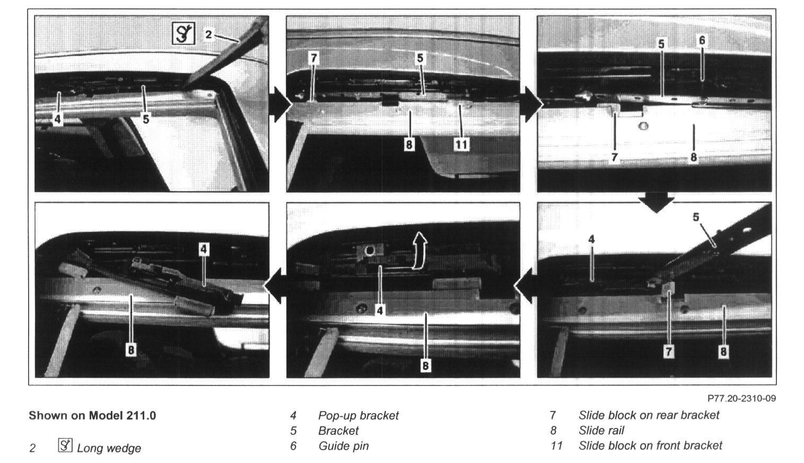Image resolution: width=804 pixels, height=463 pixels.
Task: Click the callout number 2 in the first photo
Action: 208,35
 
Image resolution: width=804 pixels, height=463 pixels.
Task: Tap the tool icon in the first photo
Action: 183,33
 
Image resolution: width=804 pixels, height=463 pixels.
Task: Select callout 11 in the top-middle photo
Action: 461,144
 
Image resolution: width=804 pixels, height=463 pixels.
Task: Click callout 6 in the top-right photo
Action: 702,40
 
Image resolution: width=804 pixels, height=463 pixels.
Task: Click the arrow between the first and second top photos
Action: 280,105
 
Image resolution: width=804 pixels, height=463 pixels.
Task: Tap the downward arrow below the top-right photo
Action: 657,202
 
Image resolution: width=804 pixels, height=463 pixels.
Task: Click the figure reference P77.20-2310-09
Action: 741,398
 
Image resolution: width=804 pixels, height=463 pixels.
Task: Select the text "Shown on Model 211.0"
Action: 92,416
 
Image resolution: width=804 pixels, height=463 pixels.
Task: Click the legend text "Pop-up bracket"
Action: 358,416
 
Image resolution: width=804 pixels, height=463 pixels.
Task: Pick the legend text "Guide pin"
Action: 344,446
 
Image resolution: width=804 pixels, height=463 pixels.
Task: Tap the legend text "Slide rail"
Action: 601,430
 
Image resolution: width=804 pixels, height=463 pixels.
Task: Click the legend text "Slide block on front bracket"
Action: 650,446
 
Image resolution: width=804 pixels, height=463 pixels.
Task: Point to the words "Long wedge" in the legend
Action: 109,448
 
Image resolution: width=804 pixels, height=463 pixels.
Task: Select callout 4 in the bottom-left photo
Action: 204,249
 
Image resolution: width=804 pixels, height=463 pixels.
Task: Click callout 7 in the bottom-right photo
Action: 668,351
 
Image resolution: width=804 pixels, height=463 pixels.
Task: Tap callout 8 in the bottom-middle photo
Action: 425,366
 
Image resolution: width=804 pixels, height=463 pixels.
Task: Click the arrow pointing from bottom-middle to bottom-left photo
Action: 275,287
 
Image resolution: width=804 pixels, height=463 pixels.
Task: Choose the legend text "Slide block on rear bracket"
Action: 649,415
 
